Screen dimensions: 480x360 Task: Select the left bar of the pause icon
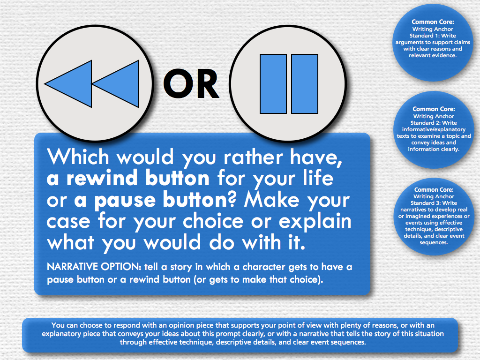point(273,84)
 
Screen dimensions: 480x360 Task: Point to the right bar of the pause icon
point(305,84)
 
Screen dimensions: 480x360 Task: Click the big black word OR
point(191,83)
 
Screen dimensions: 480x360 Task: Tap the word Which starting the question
point(78,157)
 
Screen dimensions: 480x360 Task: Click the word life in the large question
point(318,178)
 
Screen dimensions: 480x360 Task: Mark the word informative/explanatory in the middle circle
point(434,129)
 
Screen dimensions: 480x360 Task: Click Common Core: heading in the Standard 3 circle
point(434,190)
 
